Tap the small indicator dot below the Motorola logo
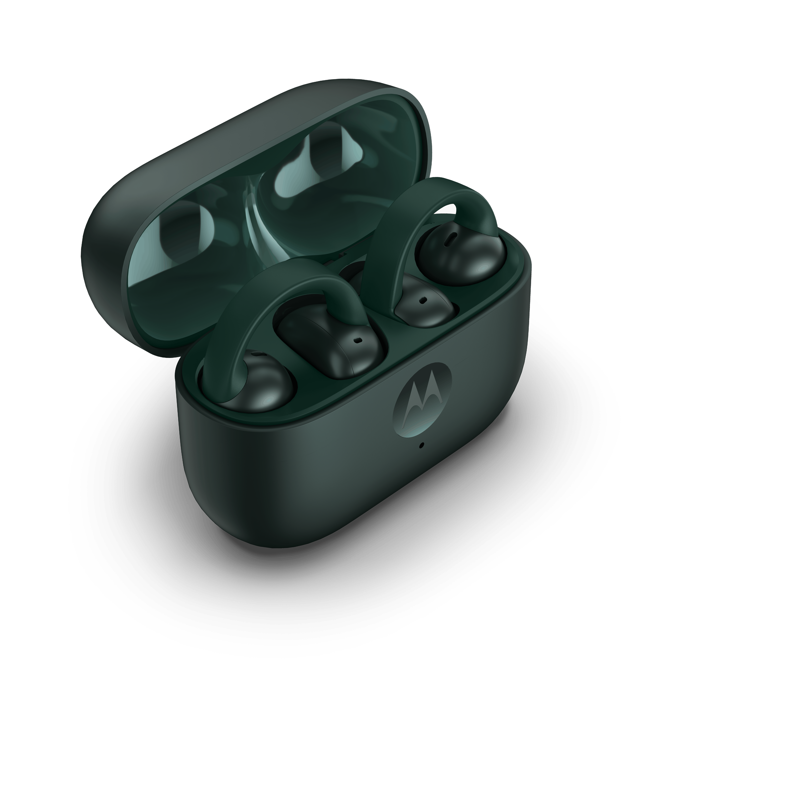(x=421, y=445)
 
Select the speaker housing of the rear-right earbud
(x=424, y=302)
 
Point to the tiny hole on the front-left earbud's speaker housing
(x=357, y=341)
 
